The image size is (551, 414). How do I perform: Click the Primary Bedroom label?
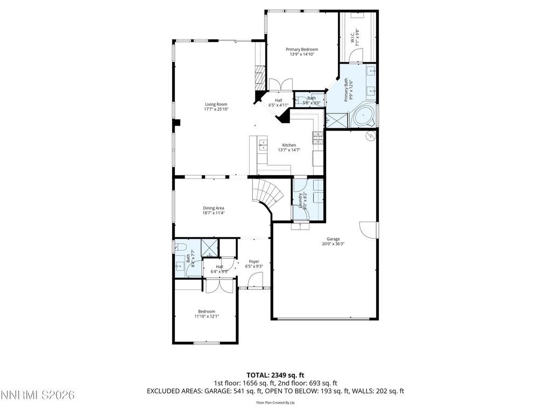click(301, 50)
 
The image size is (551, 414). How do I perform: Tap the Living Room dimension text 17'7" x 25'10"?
click(216, 109)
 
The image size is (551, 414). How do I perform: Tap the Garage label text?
click(333, 239)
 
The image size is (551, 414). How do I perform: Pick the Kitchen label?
click(289, 145)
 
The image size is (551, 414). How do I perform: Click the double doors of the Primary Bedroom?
click(280, 84)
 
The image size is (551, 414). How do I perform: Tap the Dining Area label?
click(214, 208)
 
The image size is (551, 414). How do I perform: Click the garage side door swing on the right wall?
click(369, 230)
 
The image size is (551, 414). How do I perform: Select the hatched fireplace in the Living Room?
click(260, 79)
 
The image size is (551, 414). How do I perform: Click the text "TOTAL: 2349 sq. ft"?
click(275, 375)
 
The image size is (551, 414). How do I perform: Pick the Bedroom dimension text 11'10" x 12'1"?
click(207, 316)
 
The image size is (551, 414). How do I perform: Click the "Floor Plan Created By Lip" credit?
click(275, 403)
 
